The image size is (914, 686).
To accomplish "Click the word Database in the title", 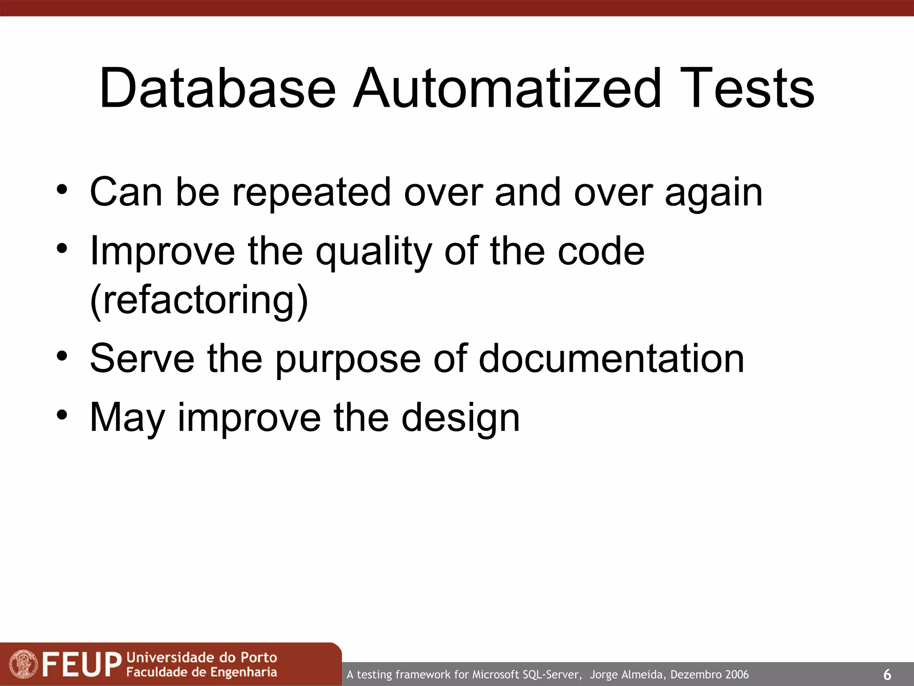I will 217,88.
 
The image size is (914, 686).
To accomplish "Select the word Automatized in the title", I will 507,88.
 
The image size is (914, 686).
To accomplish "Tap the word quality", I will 374,253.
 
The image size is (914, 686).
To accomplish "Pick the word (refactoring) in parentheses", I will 199,301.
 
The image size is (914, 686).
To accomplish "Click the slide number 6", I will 887,674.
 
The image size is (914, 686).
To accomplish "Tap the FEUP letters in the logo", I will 82,665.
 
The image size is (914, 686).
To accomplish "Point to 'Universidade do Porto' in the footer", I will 202,657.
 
